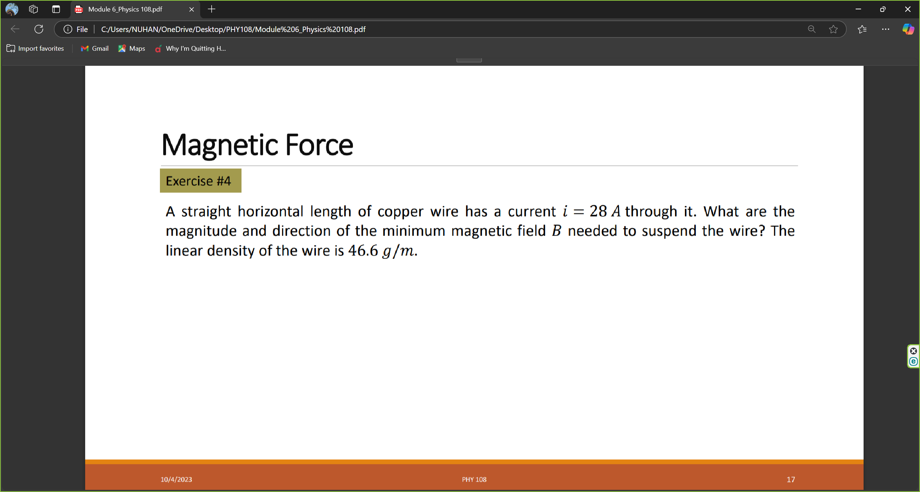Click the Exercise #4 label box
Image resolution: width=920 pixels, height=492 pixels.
200,181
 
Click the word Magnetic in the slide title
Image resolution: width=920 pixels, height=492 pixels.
220,145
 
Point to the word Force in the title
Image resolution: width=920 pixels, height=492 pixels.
319,145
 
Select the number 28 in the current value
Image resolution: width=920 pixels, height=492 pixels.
598,211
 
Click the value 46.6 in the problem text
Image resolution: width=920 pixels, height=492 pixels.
363,251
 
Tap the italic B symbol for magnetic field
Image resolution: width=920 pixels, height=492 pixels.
556,231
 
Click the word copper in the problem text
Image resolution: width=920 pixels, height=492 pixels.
400,211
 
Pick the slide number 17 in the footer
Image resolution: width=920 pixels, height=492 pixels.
791,479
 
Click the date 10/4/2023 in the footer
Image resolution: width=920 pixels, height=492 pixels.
176,479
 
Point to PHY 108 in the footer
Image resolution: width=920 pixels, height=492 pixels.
474,479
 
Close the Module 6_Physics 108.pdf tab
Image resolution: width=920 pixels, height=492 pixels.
192,9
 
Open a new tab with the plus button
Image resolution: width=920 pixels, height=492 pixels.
212,9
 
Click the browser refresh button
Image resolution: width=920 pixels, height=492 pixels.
39,29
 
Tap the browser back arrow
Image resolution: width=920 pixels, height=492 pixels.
15,29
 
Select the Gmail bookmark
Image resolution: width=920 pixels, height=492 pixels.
95,49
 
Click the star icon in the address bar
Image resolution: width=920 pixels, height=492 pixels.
833,29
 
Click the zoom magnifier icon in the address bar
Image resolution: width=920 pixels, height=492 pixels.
811,29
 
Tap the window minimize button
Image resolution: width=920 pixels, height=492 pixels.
858,9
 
